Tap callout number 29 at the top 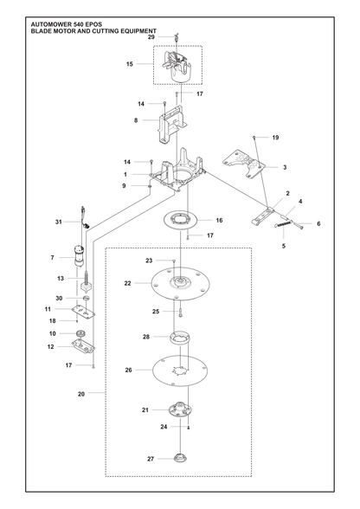[x=151, y=37]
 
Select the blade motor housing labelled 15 [x=177, y=66]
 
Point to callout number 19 [x=275, y=138]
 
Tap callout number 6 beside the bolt [x=318, y=223]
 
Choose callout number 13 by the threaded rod [x=61, y=278]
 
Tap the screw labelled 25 [x=181, y=312]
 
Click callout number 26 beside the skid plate [x=129, y=370]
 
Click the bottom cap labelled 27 [x=180, y=459]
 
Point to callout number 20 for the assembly [x=81, y=394]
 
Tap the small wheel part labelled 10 [x=80, y=333]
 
